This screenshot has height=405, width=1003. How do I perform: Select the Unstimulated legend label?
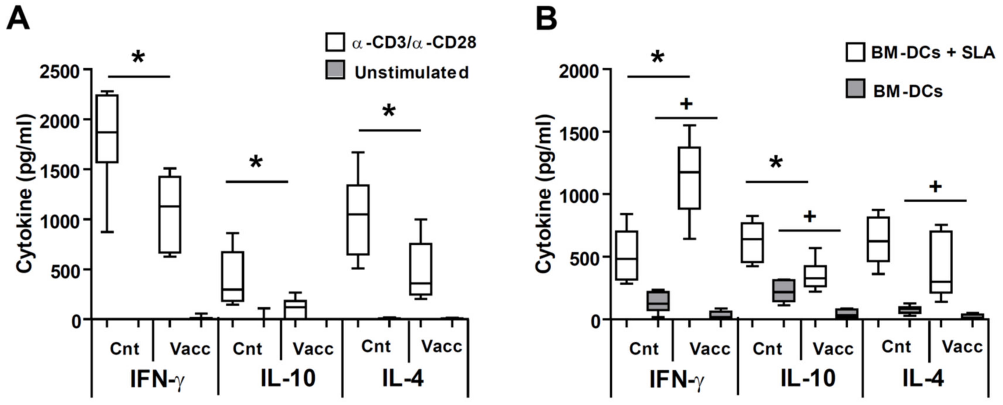(411, 73)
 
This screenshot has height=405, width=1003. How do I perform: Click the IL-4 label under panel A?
(402, 378)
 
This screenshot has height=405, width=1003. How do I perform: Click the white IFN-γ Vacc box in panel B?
(689, 178)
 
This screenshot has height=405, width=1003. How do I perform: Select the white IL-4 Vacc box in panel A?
(421, 269)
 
